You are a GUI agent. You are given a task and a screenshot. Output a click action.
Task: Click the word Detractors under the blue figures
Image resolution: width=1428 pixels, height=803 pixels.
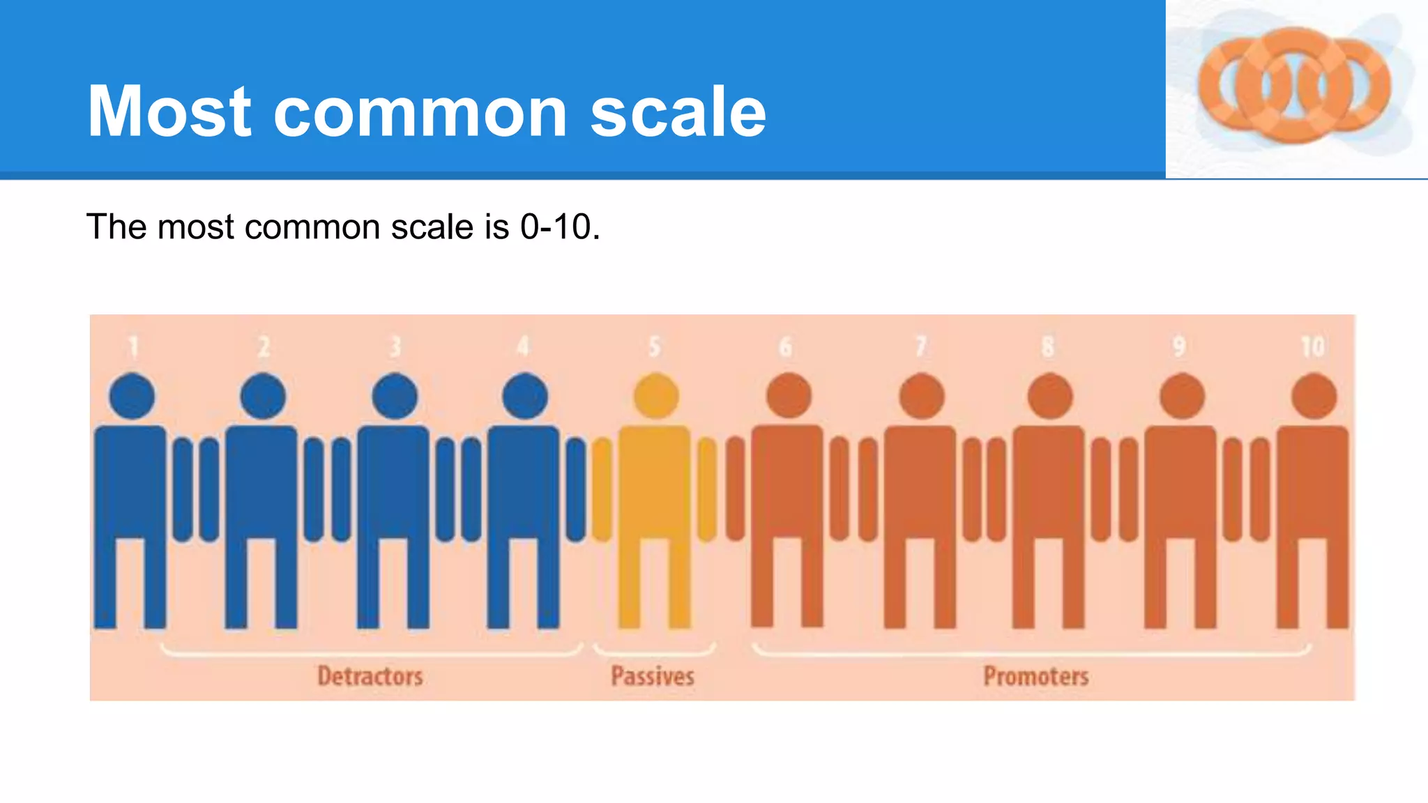[x=370, y=676]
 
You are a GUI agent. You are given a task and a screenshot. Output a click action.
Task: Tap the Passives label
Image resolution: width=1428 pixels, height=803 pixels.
[x=653, y=676]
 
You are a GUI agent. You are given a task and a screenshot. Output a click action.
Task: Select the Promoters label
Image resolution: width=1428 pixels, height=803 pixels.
[x=1036, y=676]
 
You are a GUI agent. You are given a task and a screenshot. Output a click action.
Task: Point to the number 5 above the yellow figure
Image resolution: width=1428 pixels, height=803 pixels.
[x=654, y=346]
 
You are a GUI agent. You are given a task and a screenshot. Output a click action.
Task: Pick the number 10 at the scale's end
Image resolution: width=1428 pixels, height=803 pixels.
[x=1313, y=346]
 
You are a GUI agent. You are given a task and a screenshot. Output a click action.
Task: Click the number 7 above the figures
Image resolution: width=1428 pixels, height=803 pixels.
[x=920, y=346]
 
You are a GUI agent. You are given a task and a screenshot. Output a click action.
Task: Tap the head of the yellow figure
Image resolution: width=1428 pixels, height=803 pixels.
[x=656, y=396]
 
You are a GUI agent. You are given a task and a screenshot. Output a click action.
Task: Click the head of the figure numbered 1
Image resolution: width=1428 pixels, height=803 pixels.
[x=132, y=396]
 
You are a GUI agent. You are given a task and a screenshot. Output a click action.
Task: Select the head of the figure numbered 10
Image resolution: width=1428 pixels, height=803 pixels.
[x=1314, y=396]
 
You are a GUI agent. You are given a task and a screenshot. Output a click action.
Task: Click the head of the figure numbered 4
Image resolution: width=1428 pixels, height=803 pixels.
[x=524, y=396]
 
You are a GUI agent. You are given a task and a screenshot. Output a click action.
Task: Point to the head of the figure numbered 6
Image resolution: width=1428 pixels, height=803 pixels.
[x=789, y=396]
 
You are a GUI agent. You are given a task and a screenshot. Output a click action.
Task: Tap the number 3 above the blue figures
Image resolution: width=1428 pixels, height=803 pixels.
[x=395, y=346]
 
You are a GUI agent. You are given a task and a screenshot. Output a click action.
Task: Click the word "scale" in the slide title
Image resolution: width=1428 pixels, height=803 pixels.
[x=678, y=112]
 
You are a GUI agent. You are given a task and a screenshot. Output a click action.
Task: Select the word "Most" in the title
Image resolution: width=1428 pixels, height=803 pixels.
[x=169, y=112]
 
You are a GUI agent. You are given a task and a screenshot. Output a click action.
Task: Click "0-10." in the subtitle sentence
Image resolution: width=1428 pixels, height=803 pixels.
[x=560, y=227]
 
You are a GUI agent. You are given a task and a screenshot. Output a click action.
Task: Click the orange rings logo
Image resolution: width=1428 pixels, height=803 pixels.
[x=1294, y=86]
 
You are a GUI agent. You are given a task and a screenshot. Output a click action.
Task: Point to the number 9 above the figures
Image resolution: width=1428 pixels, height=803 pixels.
[x=1179, y=346]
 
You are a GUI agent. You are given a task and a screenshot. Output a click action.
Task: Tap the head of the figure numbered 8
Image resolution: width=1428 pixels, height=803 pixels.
[x=1050, y=396]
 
